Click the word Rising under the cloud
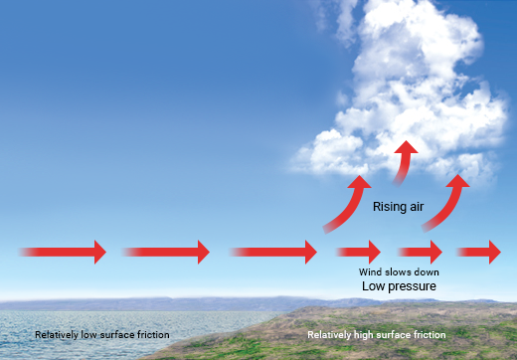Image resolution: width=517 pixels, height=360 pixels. tap(389, 207)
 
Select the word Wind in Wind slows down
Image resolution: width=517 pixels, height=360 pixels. tap(369, 271)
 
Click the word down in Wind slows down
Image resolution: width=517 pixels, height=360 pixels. tap(426, 271)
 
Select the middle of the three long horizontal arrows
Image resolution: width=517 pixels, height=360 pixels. tap(166, 252)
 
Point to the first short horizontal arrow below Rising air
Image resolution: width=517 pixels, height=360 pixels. tap(358, 252)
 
